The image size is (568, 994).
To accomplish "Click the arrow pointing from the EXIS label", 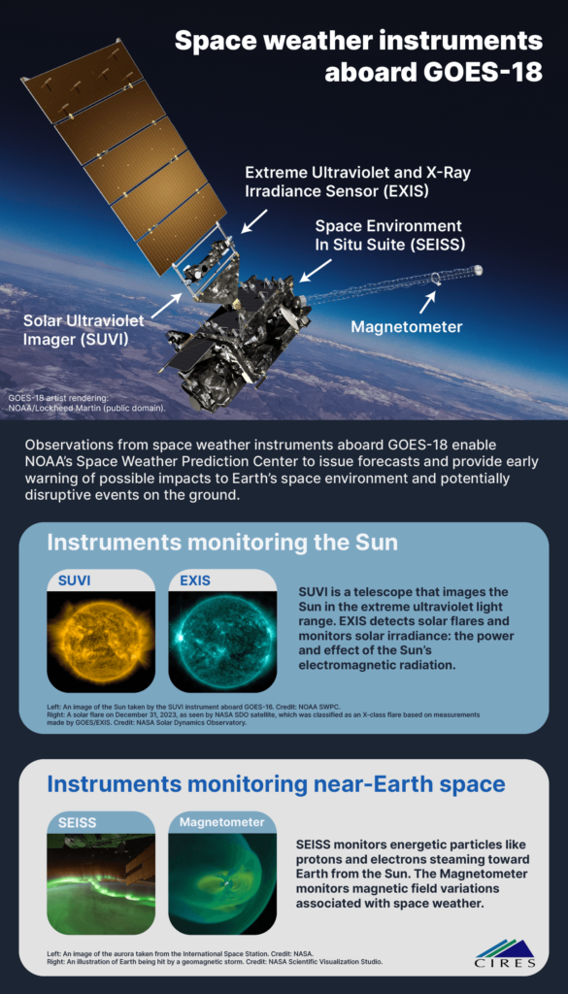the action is click(x=253, y=222).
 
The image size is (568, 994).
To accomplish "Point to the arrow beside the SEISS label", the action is click(x=315, y=270).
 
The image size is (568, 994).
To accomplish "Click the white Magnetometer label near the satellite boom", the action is click(x=407, y=327).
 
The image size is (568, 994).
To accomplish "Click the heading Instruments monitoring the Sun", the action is click(x=222, y=544).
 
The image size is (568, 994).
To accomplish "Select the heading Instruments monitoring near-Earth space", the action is click(x=277, y=784).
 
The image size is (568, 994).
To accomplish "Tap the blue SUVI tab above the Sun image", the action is click(x=75, y=580).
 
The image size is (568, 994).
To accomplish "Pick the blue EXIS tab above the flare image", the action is click(x=194, y=580).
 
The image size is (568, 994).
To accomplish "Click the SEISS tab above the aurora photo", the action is click(x=78, y=822).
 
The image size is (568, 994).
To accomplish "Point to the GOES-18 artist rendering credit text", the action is click(x=86, y=403).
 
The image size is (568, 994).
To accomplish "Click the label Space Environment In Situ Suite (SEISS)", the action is click(x=388, y=235).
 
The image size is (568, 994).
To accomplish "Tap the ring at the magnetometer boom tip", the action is click(x=437, y=279).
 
